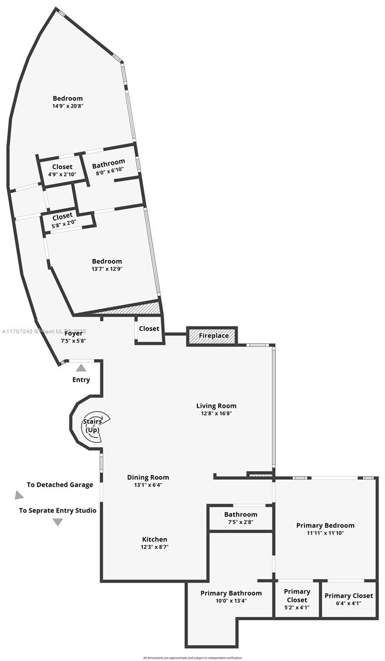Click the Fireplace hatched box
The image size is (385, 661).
pyautogui.click(x=212, y=335)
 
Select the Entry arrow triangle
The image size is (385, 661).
pyautogui.click(x=81, y=367)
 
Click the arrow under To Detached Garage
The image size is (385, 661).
pyautogui.click(x=19, y=495)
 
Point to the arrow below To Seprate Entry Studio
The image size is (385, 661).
pyautogui.click(x=57, y=522)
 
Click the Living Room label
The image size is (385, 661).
pyautogui.click(x=216, y=406)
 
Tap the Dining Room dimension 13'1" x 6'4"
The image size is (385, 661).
pyautogui.click(x=148, y=485)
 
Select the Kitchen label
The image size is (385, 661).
pyautogui.click(x=154, y=539)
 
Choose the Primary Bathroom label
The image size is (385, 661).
pyautogui.click(x=231, y=593)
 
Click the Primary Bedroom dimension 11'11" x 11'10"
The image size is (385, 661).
pyautogui.click(x=325, y=533)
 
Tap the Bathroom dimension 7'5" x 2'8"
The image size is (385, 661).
pyautogui.click(x=240, y=522)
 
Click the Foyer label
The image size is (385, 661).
pyautogui.click(x=73, y=333)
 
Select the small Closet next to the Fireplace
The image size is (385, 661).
pyautogui.click(x=149, y=329)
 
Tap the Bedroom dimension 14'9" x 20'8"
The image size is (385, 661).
pyautogui.click(x=68, y=106)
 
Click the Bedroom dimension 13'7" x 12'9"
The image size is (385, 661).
pyautogui.click(x=107, y=269)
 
